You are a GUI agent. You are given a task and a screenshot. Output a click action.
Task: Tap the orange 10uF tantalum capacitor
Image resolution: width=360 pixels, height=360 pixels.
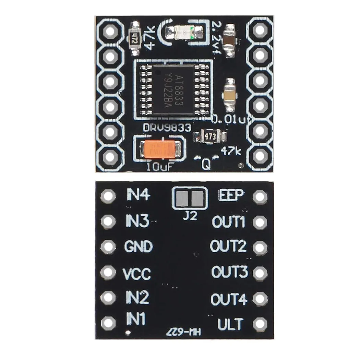pyautogui.click(x=161, y=150)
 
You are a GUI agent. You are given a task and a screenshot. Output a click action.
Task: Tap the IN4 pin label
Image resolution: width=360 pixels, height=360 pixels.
pyautogui.click(x=138, y=195)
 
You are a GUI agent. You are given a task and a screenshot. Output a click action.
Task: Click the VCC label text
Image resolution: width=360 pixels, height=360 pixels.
pyautogui.click(x=137, y=274)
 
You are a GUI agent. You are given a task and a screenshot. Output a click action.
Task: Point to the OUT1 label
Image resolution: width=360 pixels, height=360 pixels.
pyautogui.click(x=229, y=222)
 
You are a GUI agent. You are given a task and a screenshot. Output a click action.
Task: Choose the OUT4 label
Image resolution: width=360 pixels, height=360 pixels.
pyautogui.click(x=229, y=299)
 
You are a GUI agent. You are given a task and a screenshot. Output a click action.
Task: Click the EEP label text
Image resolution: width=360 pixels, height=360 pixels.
pyautogui.click(x=231, y=195)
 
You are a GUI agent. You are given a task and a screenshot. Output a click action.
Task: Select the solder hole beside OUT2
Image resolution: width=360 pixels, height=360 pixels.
pyautogui.click(x=260, y=247)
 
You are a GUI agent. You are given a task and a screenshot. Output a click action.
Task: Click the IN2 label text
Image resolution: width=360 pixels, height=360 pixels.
pyautogui.click(x=137, y=298)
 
